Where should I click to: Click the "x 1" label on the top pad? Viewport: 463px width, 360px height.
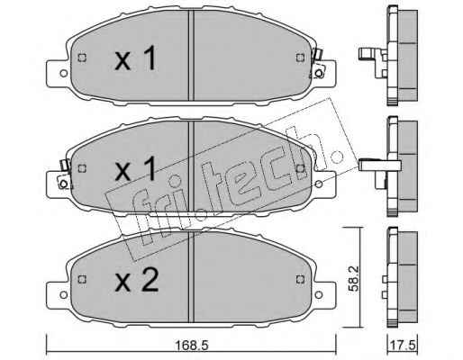coord(136,58)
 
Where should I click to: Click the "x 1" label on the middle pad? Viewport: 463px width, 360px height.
coord(136,168)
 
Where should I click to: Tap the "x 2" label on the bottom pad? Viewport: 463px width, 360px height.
coord(137,279)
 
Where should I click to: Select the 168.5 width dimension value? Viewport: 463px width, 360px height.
coord(192,346)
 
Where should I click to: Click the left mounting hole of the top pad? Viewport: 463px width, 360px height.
coord(64,73)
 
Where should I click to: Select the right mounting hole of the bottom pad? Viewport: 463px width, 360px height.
coord(319,295)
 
